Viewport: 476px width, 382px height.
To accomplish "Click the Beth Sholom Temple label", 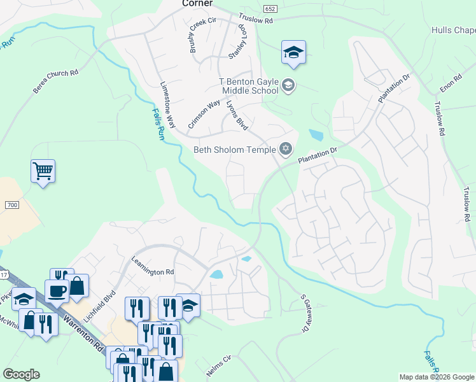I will (x=234, y=150).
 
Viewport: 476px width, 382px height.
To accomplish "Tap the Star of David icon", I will (x=286, y=149).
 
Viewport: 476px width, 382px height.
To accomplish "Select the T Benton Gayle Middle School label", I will (x=248, y=85).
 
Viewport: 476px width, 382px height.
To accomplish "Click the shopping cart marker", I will (x=43, y=171).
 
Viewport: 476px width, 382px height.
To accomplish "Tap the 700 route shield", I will (x=11, y=205).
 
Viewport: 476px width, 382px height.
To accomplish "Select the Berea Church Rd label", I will (x=55, y=81).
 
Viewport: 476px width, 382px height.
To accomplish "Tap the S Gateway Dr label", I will (x=305, y=313).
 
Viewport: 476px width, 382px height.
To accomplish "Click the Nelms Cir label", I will (x=218, y=367).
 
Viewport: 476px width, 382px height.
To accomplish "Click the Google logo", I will (x=20, y=374).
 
